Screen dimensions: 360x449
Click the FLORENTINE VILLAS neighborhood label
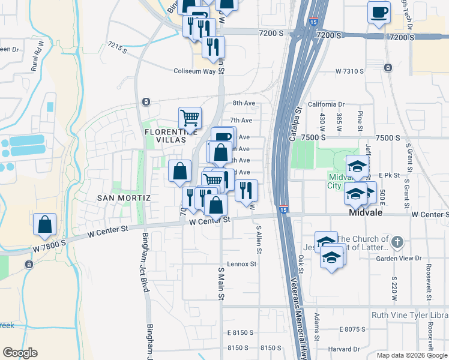(x=168, y=136)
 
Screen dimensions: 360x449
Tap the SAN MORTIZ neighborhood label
(x=119, y=197)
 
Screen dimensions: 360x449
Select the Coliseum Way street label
(x=194, y=71)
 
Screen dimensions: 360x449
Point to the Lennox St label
(x=241, y=264)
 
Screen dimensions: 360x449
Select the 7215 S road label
(x=118, y=48)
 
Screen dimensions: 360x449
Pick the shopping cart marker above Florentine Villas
(x=190, y=118)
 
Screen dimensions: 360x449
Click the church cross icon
(x=396, y=242)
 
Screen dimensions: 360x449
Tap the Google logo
(x=20, y=353)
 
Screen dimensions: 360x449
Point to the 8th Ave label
(x=244, y=103)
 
